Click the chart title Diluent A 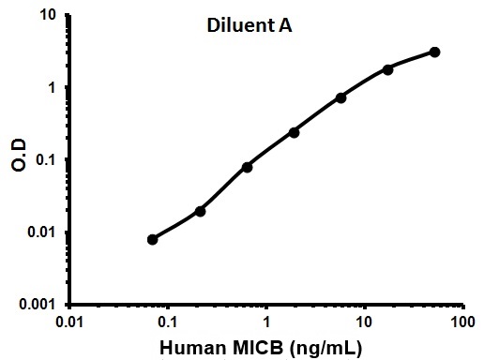[x=249, y=26]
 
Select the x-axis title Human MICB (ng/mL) [x=265, y=347]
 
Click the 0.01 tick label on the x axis [x=69, y=322]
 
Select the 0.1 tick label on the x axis [x=168, y=322]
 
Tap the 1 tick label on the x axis [x=266, y=322]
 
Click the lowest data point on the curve [x=153, y=239]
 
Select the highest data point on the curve [x=435, y=52]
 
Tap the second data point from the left [x=200, y=211]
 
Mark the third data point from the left [x=247, y=167]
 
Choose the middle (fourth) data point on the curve [x=294, y=132]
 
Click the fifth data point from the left [x=340, y=97]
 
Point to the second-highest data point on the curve [x=387, y=68]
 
